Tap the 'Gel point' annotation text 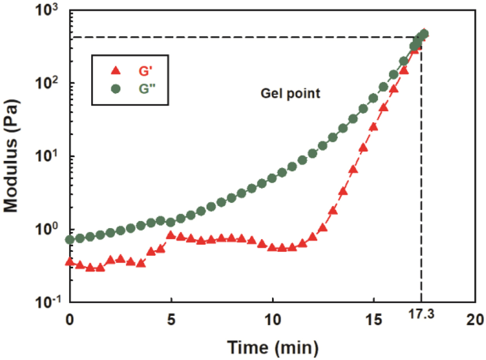[290, 94]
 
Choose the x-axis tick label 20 [475, 320]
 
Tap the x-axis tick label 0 [70, 320]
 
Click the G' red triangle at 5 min [171, 235]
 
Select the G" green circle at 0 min [70, 240]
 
